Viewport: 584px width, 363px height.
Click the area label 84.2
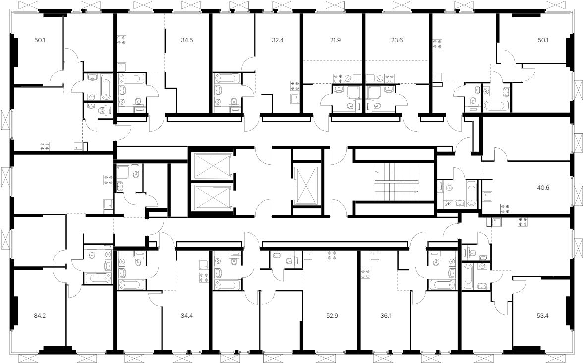pos(40,316)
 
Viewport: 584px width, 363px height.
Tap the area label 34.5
pos(187,40)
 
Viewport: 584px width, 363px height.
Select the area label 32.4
pos(278,40)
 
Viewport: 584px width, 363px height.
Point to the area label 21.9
pos(335,40)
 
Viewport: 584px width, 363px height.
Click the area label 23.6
pos(397,40)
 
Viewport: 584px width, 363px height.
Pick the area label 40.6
pos(543,188)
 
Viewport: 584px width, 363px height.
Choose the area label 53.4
pos(543,316)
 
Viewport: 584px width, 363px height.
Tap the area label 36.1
pos(386,316)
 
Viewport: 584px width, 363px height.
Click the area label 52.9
pos(332,316)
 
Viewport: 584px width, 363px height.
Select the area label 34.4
pos(187,316)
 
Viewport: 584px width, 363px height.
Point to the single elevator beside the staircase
pos(307,185)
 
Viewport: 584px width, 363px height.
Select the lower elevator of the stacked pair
pos(211,198)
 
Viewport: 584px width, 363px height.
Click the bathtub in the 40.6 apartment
pos(472,193)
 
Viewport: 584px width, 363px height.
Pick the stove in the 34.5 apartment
pos(122,40)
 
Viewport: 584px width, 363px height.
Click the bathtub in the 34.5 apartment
pos(131,79)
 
